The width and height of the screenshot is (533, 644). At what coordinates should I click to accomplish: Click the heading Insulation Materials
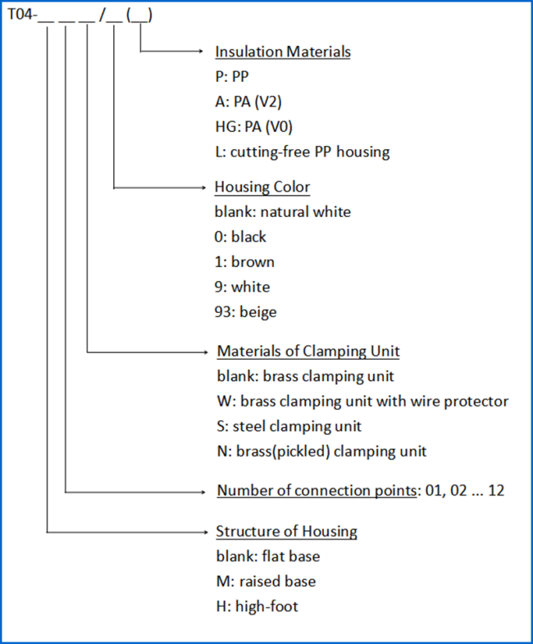283,52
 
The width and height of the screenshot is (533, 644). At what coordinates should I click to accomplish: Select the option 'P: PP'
232,77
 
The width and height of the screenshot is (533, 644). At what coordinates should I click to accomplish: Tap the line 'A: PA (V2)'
248,102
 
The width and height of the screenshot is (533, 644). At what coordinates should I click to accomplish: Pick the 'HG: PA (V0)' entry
253,127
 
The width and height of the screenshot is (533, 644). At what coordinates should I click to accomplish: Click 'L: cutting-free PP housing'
303,152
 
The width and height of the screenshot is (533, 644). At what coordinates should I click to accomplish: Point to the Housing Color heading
262,187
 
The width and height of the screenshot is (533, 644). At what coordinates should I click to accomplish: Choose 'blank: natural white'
283,212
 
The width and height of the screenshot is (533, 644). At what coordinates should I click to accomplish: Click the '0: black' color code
240,237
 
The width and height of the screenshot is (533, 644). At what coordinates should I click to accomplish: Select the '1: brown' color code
244,262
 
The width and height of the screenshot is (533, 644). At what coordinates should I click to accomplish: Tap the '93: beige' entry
245,312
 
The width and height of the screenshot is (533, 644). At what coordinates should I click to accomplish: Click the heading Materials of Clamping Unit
308,351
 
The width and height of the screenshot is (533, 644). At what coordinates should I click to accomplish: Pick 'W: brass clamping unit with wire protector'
362,401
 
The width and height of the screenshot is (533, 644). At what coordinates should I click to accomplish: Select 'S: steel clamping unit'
289,426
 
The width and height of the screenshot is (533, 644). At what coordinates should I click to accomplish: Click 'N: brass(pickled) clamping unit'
321,451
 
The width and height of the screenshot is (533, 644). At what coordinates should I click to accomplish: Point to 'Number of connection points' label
317,491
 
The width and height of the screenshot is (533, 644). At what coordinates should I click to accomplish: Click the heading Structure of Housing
286,532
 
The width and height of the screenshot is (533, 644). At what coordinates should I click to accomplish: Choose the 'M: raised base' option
266,582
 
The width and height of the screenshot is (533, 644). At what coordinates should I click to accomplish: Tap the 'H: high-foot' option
257,606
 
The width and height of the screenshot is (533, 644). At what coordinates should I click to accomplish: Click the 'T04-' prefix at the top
22,15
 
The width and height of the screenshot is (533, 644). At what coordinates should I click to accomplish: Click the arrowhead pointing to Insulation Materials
201,52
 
